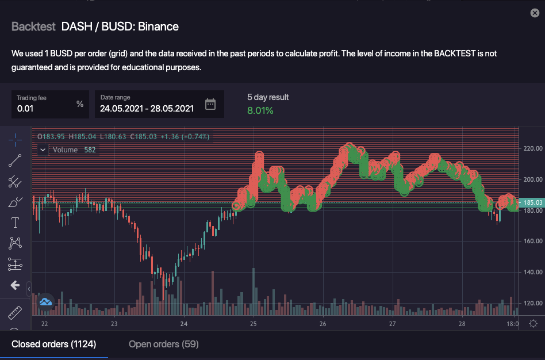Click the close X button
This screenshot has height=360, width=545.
pos(535,13)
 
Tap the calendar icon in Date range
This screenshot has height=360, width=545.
pos(210,104)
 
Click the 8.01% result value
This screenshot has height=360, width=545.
pos(260,110)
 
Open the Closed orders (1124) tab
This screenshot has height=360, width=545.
pos(54,344)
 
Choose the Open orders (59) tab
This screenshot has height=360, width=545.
pos(164,344)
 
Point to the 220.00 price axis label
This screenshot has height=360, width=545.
pos(533,148)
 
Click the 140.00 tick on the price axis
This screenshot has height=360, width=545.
pos(533,272)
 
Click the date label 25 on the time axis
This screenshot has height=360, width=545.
pos(253,324)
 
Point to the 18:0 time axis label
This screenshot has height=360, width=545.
pos(512,324)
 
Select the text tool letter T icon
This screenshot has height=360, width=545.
pos(15,223)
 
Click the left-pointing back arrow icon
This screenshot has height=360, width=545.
pos(15,285)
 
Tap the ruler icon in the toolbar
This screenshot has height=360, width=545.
pos(15,313)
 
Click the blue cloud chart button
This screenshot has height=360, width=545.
pos(45,301)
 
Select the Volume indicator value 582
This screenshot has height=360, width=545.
pos(90,150)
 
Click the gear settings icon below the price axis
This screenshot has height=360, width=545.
pos(533,324)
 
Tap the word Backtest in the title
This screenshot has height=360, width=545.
pos(33,26)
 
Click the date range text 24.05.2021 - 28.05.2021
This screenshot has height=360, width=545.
pos(147,108)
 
